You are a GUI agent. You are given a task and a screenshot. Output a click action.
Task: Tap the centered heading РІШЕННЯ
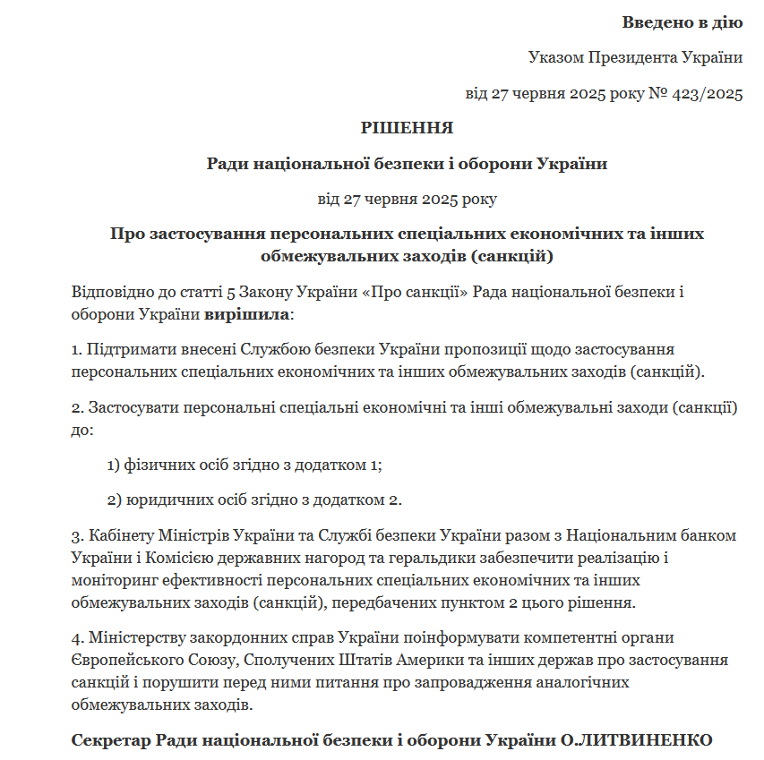407,128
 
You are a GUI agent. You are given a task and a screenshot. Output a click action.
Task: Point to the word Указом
555,58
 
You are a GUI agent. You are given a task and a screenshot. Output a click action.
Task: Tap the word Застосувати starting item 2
132,407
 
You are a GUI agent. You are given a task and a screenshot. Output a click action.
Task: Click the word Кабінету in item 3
119,535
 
